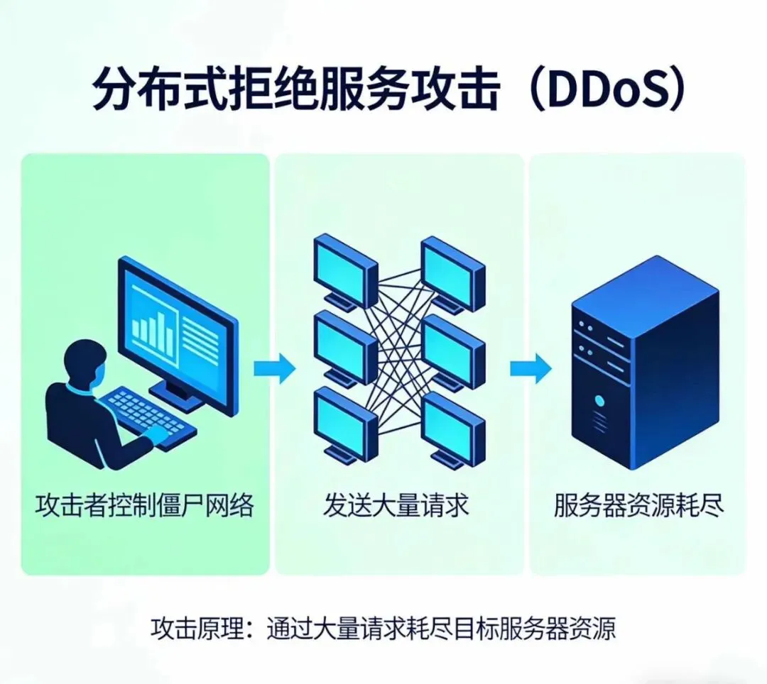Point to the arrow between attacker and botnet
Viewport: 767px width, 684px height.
click(275, 368)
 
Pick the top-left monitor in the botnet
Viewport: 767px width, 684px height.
click(344, 267)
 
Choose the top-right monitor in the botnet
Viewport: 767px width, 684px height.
click(452, 270)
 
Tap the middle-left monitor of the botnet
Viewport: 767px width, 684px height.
click(344, 343)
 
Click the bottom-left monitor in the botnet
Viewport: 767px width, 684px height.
click(344, 420)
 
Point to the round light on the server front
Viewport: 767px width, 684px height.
click(600, 401)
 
